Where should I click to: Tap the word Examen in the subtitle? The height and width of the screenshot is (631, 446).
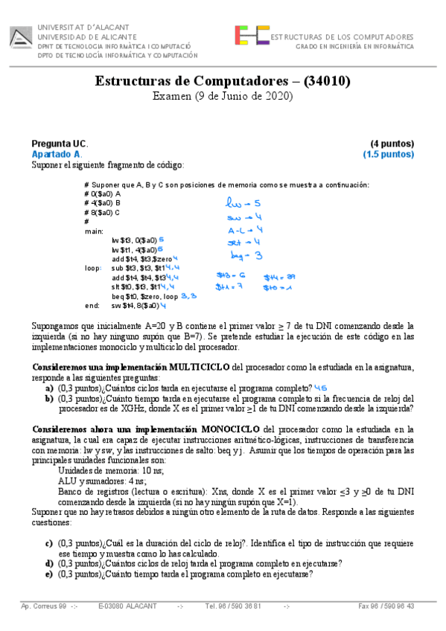coord(173,97)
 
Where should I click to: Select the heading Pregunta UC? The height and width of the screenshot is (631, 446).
coord(60,144)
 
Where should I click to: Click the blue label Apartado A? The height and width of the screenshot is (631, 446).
coord(57,154)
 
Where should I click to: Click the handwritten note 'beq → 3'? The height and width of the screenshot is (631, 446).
coord(244,255)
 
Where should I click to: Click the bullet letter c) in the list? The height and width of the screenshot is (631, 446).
coord(49,543)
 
